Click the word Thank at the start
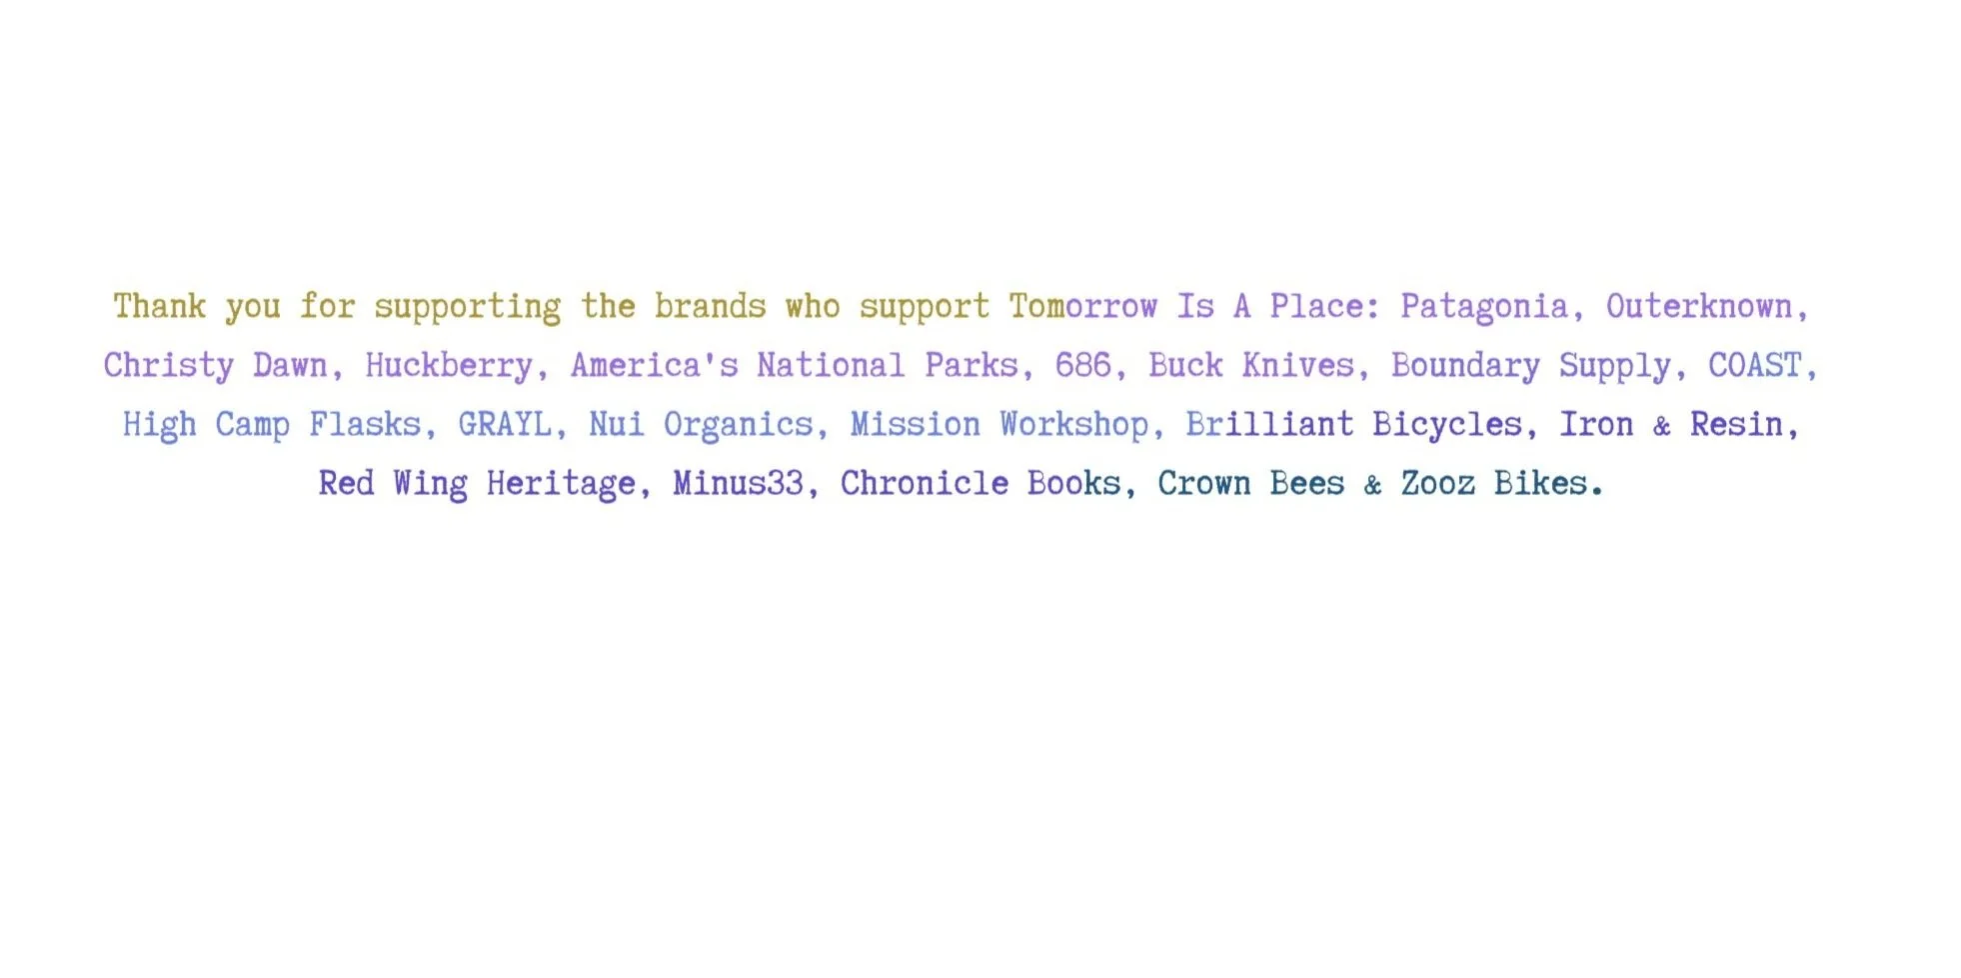pos(159,306)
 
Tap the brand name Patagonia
pos(1483,306)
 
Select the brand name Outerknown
pos(1699,306)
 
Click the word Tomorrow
pos(1082,306)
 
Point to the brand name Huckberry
pos(449,365)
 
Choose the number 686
pos(1082,365)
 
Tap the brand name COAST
pos(1754,365)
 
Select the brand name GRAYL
pos(505,424)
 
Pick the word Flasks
pos(365,424)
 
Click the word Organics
pos(739,424)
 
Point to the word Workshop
pos(1074,424)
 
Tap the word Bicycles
pos(1446,424)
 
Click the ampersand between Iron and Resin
pos(1661,426)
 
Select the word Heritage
pos(561,484)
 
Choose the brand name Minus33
pos(738,483)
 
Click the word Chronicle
pos(925,483)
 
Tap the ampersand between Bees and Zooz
pos(1372,485)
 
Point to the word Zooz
pos(1437,483)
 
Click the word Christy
pos(168,365)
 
